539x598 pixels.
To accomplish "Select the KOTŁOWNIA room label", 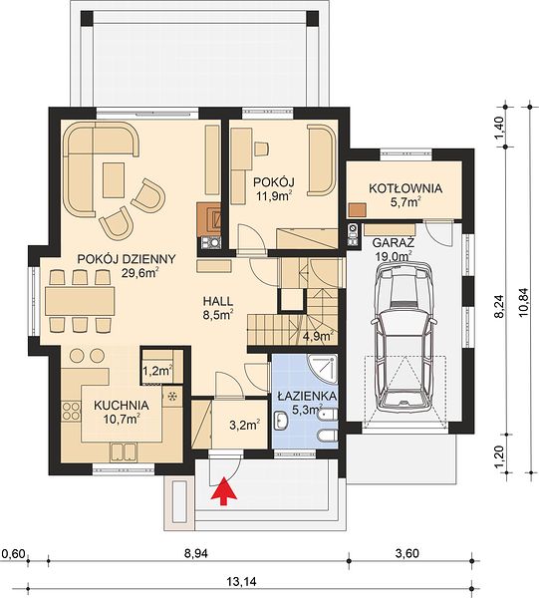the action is (405, 188).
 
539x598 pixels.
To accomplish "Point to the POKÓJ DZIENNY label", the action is (127, 259).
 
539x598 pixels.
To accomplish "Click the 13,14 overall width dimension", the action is (242, 582).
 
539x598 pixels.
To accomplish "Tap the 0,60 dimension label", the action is (13, 553).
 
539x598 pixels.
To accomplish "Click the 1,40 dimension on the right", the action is (500, 128).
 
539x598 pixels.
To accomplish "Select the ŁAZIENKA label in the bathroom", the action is (307, 397).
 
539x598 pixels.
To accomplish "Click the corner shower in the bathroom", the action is (323, 370).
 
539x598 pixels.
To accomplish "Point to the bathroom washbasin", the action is (281, 421).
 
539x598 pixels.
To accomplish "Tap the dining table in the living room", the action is (80, 301).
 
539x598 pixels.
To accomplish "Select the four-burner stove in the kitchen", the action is (71, 411).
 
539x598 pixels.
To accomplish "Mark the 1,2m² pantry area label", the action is (157, 371).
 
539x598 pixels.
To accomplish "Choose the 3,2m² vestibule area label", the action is (245, 425).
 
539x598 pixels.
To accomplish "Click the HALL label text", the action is (218, 301).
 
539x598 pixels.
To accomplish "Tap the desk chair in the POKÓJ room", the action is (261, 149).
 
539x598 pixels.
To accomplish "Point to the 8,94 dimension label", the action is (196, 553).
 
